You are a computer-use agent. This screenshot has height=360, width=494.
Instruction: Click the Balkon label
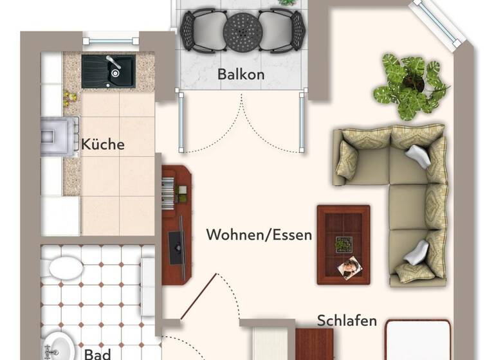click(x=241, y=75)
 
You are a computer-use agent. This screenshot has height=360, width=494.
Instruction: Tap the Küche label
click(x=103, y=144)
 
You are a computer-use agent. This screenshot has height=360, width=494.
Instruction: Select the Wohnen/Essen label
click(x=259, y=235)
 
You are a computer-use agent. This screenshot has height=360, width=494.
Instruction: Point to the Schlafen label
click(x=347, y=320)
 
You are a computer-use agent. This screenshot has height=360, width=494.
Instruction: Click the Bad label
click(x=97, y=353)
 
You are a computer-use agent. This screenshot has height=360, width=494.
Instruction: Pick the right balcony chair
click(x=280, y=30)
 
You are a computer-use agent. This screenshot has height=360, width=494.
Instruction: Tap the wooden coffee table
click(x=343, y=244)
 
